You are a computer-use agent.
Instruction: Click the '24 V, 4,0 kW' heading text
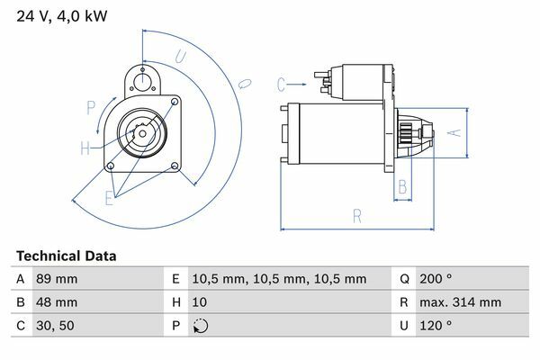(x=61, y=16)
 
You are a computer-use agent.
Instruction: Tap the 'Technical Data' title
(x=66, y=256)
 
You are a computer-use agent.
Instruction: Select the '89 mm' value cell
(x=57, y=279)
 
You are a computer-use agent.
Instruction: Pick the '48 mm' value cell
(x=57, y=302)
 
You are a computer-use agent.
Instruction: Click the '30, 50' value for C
(x=55, y=326)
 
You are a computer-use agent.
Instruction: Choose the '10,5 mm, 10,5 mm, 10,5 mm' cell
(x=279, y=279)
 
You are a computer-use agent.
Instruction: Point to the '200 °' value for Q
(x=436, y=278)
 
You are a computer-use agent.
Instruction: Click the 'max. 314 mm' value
(x=460, y=302)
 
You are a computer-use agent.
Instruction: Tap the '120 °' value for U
(x=436, y=325)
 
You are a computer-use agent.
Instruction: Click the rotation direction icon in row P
(x=201, y=326)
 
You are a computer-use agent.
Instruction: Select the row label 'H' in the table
(x=176, y=302)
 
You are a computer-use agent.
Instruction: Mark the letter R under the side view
(x=357, y=217)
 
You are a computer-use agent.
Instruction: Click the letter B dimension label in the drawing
(x=402, y=186)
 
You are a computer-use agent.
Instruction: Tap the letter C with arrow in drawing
(x=281, y=85)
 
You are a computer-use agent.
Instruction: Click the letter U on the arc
(x=181, y=57)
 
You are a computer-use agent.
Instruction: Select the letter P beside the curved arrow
(x=91, y=108)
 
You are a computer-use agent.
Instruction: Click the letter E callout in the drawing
(x=109, y=198)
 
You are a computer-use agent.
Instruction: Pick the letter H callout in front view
(x=85, y=148)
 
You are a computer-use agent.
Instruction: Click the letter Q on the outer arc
(x=245, y=84)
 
